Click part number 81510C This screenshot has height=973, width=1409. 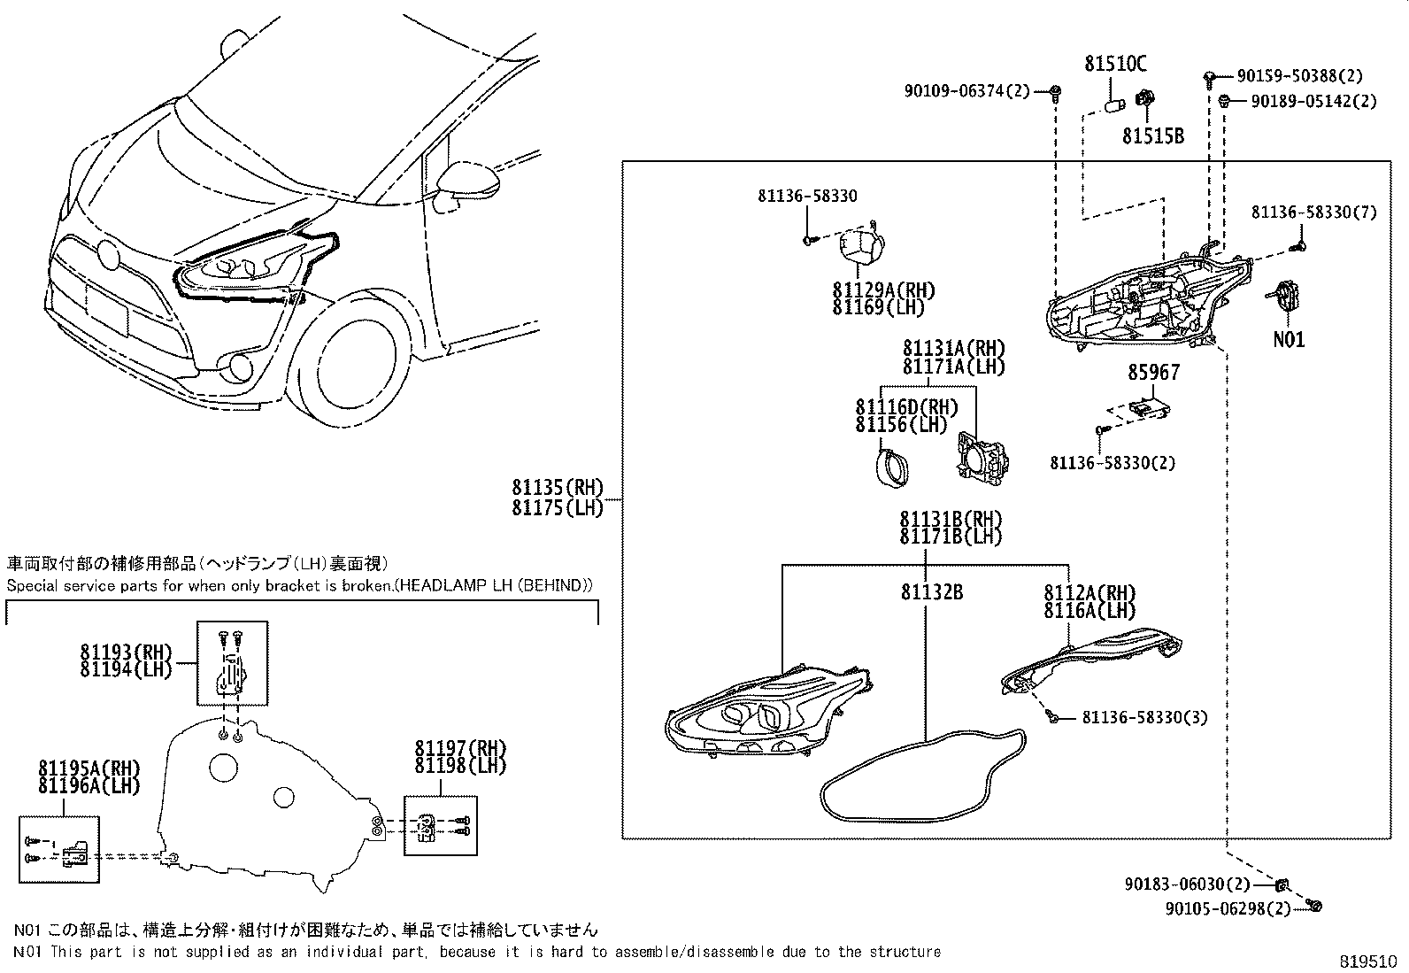1115,64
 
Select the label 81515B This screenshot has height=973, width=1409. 1152,136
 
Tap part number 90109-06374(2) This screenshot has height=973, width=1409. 967,90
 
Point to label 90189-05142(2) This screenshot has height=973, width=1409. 1313,102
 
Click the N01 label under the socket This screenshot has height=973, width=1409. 1288,339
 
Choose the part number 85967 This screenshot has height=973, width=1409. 1152,373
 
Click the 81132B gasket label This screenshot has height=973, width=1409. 931,592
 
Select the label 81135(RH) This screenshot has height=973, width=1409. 557,487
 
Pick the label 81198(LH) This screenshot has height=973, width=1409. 459,766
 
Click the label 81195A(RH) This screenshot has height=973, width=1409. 89,767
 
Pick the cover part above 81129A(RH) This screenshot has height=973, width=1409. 863,245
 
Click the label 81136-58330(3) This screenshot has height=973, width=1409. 1143,717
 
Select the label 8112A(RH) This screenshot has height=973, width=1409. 1089,592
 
